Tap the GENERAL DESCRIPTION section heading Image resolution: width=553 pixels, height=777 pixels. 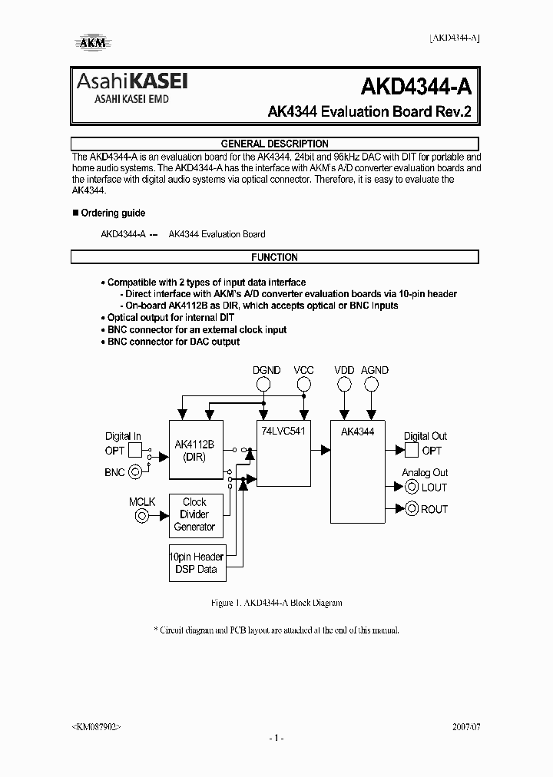tap(274, 144)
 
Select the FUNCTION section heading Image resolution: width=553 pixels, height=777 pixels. tap(274, 258)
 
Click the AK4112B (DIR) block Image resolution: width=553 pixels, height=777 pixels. tap(195, 451)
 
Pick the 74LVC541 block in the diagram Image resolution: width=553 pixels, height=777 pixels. tap(283, 451)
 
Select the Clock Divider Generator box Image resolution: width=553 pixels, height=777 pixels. tap(194, 514)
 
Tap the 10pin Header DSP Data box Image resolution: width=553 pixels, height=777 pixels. tap(197, 563)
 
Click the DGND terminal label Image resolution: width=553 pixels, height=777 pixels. tap(267, 370)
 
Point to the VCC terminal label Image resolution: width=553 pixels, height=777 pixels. tap(304, 370)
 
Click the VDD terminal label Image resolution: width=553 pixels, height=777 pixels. tap(344, 370)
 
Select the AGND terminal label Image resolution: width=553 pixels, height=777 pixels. tap(375, 370)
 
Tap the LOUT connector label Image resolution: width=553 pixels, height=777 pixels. tap(434, 488)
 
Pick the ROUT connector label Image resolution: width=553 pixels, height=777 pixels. tap(434, 509)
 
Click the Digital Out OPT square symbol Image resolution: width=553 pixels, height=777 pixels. tap(411, 451)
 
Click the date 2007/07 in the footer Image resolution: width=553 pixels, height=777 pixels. tap(464, 726)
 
